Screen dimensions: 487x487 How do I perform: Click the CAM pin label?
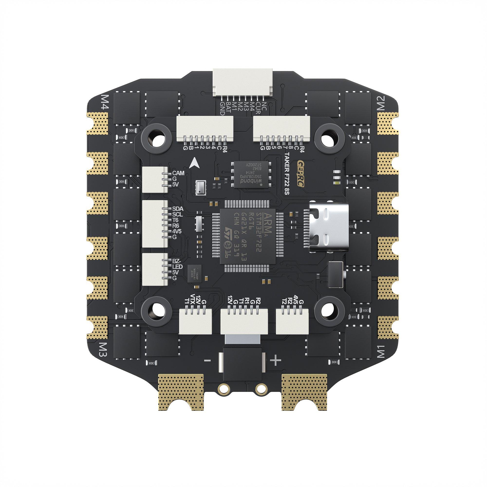178,173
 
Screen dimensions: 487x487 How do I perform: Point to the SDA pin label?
178,209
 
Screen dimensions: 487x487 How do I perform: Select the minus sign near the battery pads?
207,361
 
